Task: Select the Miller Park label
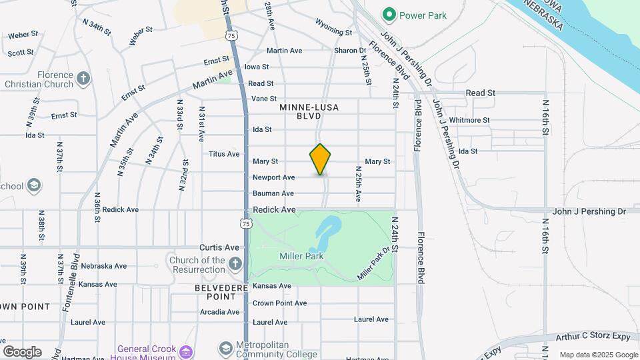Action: pyautogui.click(x=301, y=256)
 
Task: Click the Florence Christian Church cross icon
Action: pyautogui.click(x=83, y=79)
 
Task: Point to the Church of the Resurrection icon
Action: pyautogui.click(x=235, y=265)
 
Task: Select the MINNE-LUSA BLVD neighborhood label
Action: pyautogui.click(x=309, y=111)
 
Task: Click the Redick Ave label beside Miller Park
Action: pyautogui.click(x=274, y=209)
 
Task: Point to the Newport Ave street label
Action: pyautogui.click(x=273, y=177)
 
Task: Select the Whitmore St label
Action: pyautogui.click(x=469, y=120)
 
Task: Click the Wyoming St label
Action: pyautogui.click(x=333, y=31)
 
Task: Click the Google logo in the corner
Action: pyautogui.click(x=22, y=351)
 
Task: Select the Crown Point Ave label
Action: pyautogui.click(x=279, y=303)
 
